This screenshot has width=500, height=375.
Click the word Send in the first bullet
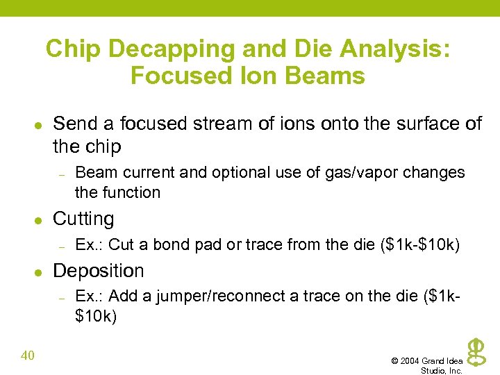click(x=75, y=124)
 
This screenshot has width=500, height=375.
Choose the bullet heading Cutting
click(x=83, y=219)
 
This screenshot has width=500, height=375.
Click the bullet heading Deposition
click(x=99, y=271)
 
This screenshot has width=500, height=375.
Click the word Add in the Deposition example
click(x=124, y=297)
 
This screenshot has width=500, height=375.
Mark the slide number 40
click(x=28, y=356)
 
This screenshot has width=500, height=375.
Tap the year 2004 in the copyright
click(x=411, y=361)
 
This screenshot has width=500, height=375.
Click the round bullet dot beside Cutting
click(x=39, y=219)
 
